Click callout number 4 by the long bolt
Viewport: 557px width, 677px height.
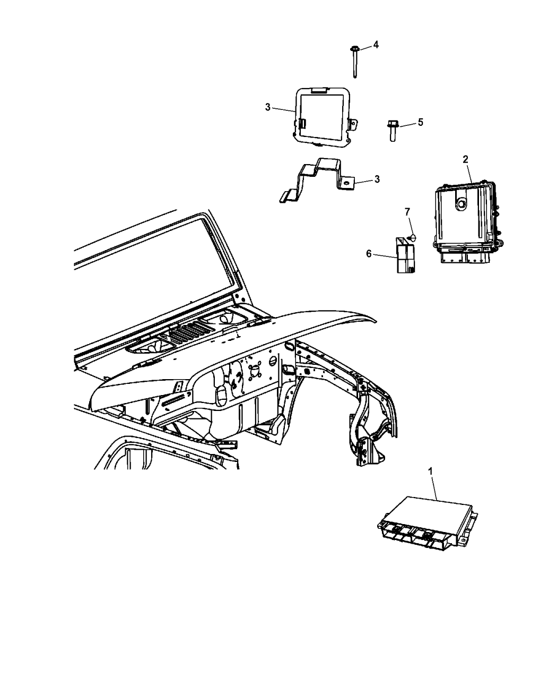(x=376, y=45)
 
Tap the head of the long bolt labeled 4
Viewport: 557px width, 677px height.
(x=354, y=49)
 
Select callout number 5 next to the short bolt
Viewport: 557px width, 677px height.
(x=420, y=122)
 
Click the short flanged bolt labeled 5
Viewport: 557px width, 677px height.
(x=393, y=131)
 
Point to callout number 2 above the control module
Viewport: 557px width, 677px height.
(x=465, y=159)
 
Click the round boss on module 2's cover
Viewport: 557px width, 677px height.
(x=462, y=204)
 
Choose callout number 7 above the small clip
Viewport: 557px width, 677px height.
(x=407, y=212)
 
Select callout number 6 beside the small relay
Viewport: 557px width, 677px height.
(x=369, y=254)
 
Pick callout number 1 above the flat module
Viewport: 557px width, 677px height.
(x=431, y=472)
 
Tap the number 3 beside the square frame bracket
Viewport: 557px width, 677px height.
(x=268, y=107)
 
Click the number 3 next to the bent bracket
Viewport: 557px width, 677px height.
(x=377, y=179)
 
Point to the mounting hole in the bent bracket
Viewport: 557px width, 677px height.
(x=347, y=184)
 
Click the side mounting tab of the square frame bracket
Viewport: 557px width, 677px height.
(x=353, y=124)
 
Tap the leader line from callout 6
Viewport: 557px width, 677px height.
(x=385, y=256)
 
